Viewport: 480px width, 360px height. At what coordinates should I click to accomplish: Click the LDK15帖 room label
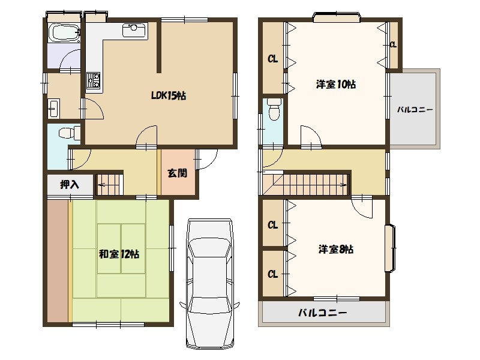click(x=169, y=95)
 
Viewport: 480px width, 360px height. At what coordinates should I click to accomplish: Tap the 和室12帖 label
click(x=119, y=254)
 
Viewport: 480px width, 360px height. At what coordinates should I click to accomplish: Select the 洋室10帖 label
click(x=336, y=84)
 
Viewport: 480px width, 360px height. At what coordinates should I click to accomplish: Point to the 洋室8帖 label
click(x=336, y=249)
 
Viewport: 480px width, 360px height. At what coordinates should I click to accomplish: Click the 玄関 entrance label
click(x=178, y=173)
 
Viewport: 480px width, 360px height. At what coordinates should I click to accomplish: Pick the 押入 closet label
click(x=70, y=184)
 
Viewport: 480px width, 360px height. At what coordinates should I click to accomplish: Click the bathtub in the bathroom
click(x=64, y=33)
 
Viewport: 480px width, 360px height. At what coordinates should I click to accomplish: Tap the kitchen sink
click(x=133, y=30)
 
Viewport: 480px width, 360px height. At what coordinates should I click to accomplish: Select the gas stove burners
click(x=93, y=79)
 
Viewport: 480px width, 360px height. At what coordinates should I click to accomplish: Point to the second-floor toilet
click(x=274, y=109)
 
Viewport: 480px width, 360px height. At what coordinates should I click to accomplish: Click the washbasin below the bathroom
click(x=53, y=109)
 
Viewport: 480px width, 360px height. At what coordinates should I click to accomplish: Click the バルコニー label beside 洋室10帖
click(x=415, y=110)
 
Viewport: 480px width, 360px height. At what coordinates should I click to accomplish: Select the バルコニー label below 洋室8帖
click(x=323, y=313)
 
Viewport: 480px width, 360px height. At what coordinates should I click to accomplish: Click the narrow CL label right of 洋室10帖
click(x=393, y=44)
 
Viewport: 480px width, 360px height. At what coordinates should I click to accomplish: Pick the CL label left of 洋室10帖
click(x=273, y=58)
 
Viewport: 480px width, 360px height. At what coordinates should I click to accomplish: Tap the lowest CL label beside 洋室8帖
click(x=273, y=274)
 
